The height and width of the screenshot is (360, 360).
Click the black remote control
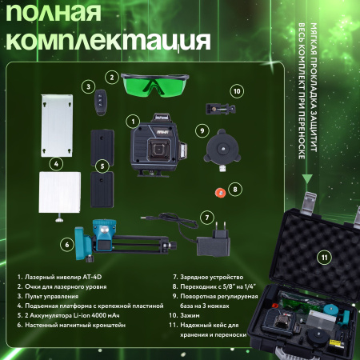(x=100, y=99)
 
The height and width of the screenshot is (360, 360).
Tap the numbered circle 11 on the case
(x=324, y=258)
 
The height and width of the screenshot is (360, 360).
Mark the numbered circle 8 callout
(x=234, y=190)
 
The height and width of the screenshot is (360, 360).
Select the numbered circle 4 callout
(x=57, y=163)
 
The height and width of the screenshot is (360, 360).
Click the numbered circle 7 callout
(x=206, y=216)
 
